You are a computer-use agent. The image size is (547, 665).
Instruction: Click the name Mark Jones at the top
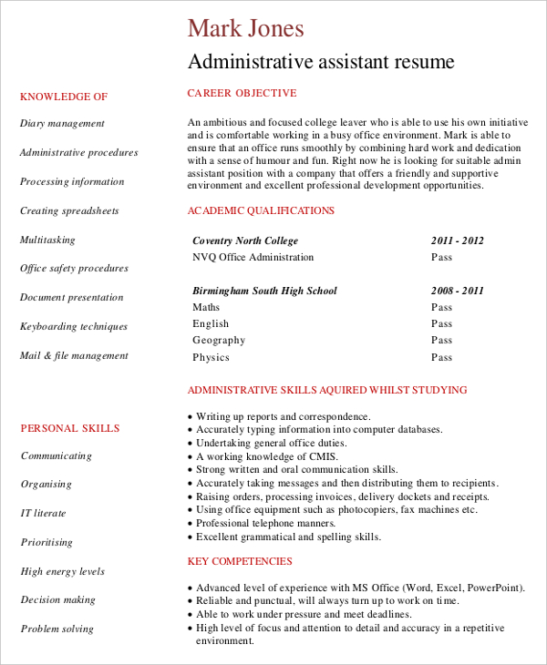coord(245,28)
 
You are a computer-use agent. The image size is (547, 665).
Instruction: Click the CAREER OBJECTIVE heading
coord(242,93)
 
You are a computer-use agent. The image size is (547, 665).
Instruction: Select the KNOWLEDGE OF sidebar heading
coord(64,97)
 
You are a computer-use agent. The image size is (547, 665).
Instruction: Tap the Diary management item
coord(62,124)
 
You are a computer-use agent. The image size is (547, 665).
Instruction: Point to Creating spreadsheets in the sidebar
coord(69,211)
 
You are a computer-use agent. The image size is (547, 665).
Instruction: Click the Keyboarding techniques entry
coord(74,327)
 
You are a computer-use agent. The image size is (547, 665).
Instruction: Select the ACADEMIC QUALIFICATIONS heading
coord(261,211)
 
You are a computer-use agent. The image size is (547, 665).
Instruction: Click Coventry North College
coord(245,241)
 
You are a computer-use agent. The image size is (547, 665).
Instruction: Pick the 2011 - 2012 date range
coord(457,241)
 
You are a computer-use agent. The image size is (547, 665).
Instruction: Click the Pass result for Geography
coord(441,341)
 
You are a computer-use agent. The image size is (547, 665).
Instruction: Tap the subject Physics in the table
coord(211,358)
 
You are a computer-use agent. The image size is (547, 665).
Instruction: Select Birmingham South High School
coord(264,292)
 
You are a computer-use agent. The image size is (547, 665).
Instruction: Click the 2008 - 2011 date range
coord(457,292)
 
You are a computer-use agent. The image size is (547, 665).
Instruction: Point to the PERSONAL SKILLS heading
coord(70,428)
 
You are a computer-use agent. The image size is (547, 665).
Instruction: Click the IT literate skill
coord(44,514)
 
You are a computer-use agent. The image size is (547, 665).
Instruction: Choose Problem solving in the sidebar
coord(57,629)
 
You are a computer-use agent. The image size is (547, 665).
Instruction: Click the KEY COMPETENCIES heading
coord(240,562)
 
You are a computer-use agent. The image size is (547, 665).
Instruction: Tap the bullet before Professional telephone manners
coord(190,525)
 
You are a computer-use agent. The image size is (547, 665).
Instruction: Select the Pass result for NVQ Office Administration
coord(441,258)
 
